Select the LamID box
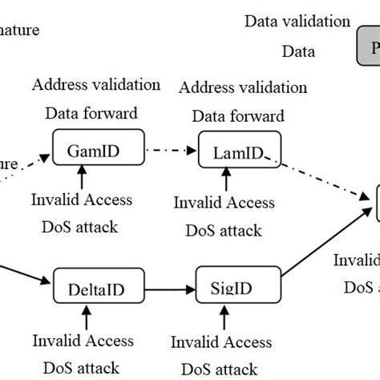[235, 151]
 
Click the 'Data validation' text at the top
[297, 22]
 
